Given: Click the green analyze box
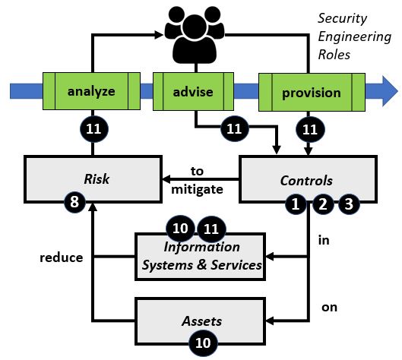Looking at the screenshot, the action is tap(91, 91).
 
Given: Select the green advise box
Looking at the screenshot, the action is tap(193, 91).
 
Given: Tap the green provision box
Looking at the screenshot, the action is tap(312, 92).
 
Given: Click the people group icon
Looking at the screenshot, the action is tap(195, 36).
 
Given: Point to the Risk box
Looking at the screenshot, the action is tap(93, 179).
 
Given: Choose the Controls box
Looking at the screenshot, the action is tap(308, 179).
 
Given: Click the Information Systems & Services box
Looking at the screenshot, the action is tap(200, 257).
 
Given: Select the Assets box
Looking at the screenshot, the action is tap(200, 321).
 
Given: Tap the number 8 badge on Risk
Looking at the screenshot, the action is tap(74, 202).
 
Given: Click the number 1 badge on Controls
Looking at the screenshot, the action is tap(296, 204).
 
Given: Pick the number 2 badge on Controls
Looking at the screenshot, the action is tap(323, 204).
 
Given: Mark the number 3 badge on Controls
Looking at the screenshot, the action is tap(349, 204).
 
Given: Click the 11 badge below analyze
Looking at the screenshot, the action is tap(93, 129).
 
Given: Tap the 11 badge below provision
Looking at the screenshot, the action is tap(310, 129).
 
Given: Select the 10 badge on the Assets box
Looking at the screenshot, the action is tap(203, 343).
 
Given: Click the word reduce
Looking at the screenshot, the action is tap(62, 257).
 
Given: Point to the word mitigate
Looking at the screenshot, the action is tap(197, 190).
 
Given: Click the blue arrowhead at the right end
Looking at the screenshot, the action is tap(390, 91).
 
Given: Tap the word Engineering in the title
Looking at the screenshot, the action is tap(355, 37).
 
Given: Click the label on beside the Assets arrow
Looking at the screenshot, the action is tap(329, 308).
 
